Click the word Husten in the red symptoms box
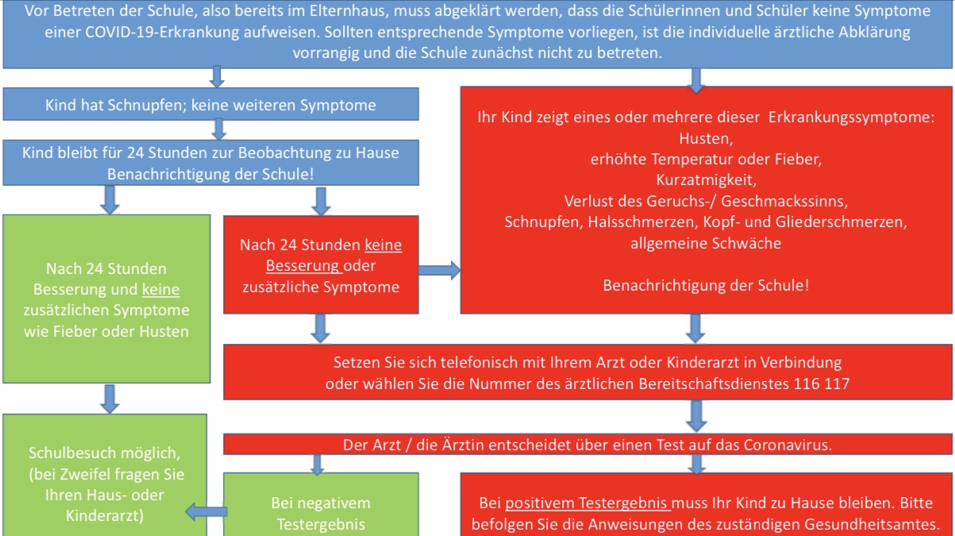click(707, 137)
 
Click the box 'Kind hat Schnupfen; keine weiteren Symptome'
click(210, 105)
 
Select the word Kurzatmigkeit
click(707, 179)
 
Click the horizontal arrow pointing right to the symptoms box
click(439, 271)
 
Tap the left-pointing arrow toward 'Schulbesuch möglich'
click(206, 512)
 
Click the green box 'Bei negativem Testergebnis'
click(321, 512)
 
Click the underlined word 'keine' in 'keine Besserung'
click(383, 245)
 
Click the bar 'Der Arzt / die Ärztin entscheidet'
click(587, 445)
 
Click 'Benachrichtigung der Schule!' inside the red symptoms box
click(707, 285)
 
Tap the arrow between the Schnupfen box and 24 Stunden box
click(220, 128)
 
